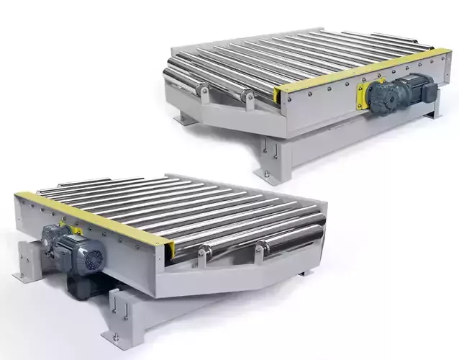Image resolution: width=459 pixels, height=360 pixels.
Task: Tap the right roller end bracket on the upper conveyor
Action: point(247,96)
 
